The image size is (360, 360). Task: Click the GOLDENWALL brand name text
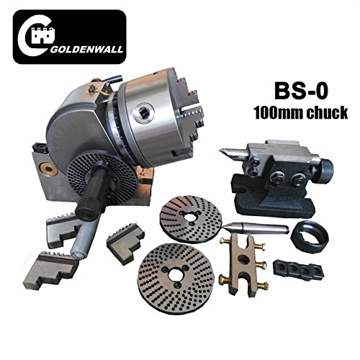(87, 49)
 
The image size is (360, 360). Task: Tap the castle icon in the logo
(44, 35)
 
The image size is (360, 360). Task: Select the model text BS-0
(301, 91)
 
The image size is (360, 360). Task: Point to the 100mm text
(278, 113)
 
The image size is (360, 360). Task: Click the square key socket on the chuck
(143, 111)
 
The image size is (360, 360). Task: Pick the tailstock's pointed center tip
(221, 150)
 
